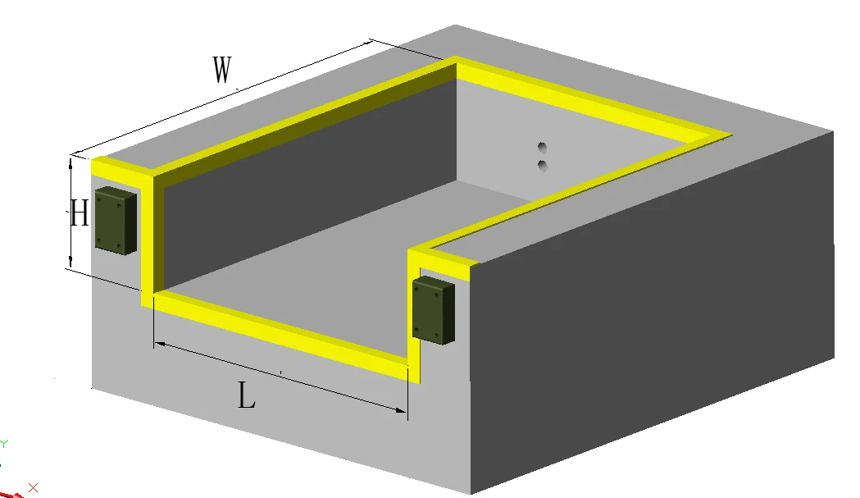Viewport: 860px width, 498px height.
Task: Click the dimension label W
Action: tap(221, 71)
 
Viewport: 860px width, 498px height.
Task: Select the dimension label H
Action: tap(79, 215)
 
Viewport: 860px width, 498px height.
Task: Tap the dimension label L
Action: tap(247, 397)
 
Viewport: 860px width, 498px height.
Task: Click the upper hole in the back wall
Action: tap(541, 148)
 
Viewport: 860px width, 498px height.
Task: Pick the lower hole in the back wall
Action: tap(541, 167)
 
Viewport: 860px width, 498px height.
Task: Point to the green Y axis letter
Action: tap(4, 444)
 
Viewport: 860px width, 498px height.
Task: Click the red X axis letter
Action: tap(34, 487)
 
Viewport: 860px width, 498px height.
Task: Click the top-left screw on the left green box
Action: tap(100, 197)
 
